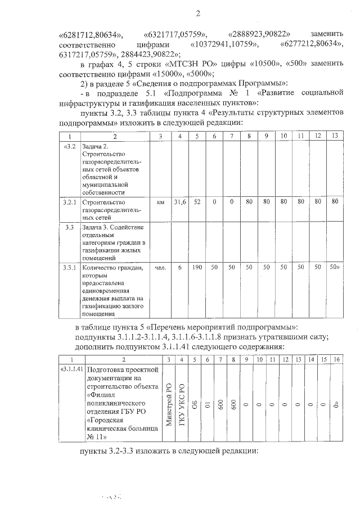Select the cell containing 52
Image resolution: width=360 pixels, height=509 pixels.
click(x=197, y=201)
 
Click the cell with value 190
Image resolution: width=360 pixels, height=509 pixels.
click(x=197, y=268)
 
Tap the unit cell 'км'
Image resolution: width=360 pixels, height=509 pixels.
click(x=160, y=201)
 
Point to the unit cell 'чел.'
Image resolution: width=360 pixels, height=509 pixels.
click(x=160, y=268)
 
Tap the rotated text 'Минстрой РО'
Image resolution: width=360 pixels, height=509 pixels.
click(x=169, y=404)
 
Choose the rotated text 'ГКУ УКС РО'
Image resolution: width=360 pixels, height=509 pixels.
click(x=182, y=404)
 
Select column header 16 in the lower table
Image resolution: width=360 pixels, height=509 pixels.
click(x=336, y=359)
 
